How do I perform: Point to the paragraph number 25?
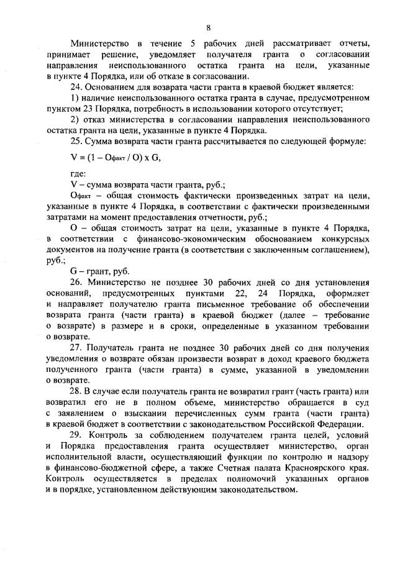tap(77, 141)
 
